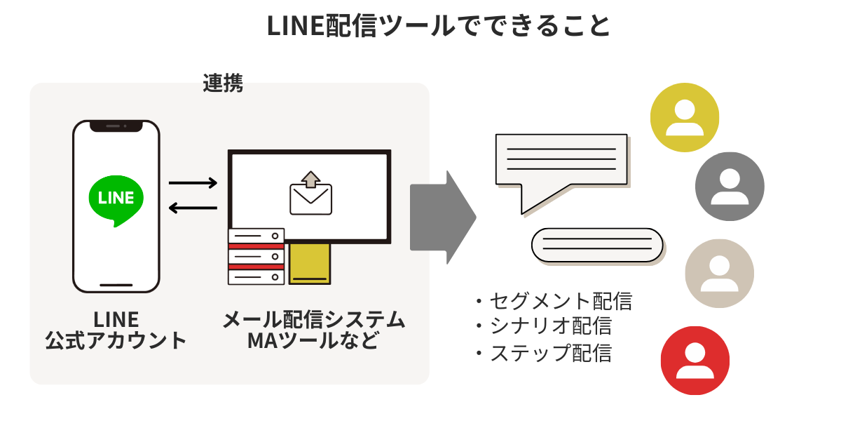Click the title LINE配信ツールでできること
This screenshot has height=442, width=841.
tap(439, 26)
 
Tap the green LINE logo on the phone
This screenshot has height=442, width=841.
tap(116, 199)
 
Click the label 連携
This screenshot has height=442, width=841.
tap(223, 83)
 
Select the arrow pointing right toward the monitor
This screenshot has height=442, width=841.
tap(193, 184)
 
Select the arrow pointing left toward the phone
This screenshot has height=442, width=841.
tap(193, 208)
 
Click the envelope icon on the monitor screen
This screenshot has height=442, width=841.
tap(310, 194)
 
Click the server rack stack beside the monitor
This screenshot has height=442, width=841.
tap(257, 256)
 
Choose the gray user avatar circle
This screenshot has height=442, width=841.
tap(730, 187)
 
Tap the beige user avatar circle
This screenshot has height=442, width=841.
tap(719, 274)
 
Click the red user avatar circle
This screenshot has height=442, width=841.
tap(695, 361)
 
